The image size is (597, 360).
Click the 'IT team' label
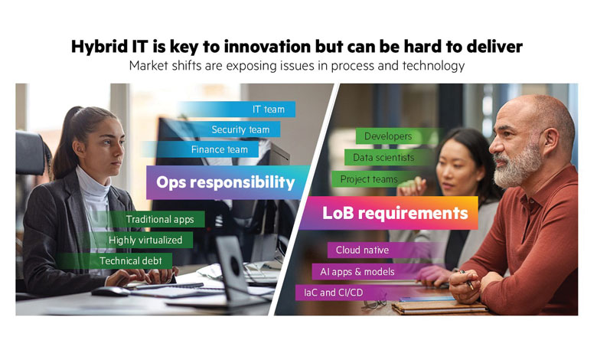236,110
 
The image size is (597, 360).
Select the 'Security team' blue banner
222,129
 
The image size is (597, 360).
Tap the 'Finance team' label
200,149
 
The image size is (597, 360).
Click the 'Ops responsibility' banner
227,182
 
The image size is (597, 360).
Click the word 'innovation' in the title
267,47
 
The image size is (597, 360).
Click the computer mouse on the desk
111,292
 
